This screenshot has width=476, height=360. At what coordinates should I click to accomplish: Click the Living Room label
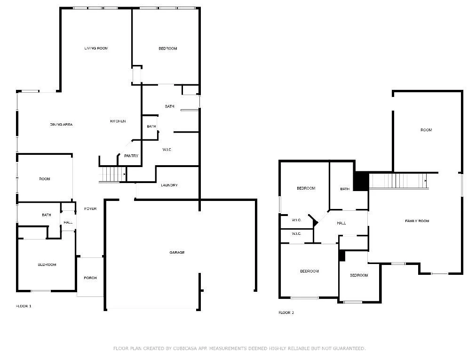(x=96, y=48)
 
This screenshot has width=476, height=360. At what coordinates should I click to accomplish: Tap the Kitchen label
(x=118, y=121)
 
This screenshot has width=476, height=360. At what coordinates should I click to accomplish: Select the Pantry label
(x=131, y=156)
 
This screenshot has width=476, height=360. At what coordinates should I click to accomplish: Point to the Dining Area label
(x=61, y=124)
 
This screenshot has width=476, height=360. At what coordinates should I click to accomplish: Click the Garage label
(x=177, y=252)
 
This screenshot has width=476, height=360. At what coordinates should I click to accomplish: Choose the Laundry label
(x=169, y=185)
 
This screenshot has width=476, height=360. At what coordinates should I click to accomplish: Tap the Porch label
(x=90, y=278)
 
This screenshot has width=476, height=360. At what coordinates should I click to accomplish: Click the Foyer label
(x=90, y=209)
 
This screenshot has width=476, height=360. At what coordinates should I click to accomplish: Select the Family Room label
(x=417, y=221)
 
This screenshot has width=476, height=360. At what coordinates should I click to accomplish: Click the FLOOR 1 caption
(x=24, y=306)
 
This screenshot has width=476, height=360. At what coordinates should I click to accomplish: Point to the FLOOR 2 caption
(x=286, y=312)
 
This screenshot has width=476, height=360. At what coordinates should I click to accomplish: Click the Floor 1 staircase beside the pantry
(x=112, y=174)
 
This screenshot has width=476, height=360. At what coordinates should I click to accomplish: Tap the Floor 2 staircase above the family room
(x=398, y=181)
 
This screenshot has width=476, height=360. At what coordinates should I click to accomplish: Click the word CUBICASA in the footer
(x=185, y=348)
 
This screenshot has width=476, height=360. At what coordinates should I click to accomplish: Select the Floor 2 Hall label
(x=341, y=223)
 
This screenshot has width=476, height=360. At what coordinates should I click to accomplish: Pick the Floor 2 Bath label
(x=345, y=189)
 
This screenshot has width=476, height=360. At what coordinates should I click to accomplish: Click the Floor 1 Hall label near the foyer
(x=68, y=222)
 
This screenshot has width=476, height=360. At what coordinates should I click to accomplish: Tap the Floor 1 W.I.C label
(x=167, y=150)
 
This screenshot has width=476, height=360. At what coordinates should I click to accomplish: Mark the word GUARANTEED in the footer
(x=349, y=348)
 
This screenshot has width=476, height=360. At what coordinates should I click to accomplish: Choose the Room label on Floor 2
(x=426, y=130)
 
